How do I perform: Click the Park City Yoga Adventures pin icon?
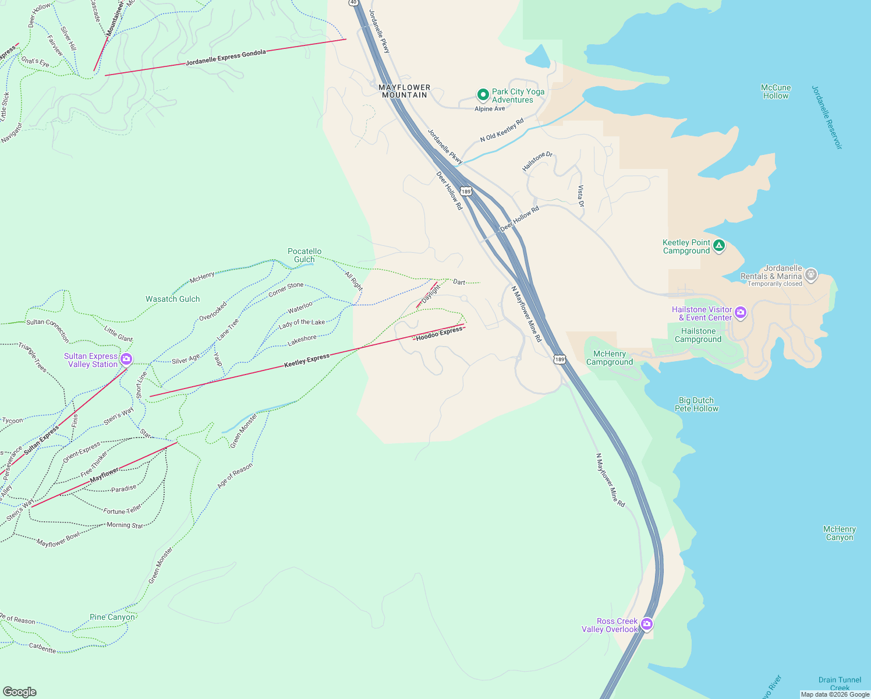tap(482, 94)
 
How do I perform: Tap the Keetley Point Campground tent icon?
tap(719, 246)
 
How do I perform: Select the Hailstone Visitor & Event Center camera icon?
tap(741, 313)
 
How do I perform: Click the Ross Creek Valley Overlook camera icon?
tap(646, 624)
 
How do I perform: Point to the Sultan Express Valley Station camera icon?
tap(126, 359)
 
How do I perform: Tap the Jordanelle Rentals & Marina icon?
tap(811, 274)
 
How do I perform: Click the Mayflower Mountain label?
tap(405, 91)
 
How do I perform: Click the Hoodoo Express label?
tap(439, 334)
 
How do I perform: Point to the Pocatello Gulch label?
tap(305, 255)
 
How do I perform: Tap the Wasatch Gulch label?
tap(172, 299)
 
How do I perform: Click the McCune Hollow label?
tap(776, 91)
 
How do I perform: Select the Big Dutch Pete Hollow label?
tap(696, 404)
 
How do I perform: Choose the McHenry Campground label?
tap(609, 358)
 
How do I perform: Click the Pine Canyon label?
tap(112, 617)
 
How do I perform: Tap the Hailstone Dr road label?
tap(537, 161)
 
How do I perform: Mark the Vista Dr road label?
tap(580, 196)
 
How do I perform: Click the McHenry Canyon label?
tap(839, 533)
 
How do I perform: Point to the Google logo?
tap(20, 691)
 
